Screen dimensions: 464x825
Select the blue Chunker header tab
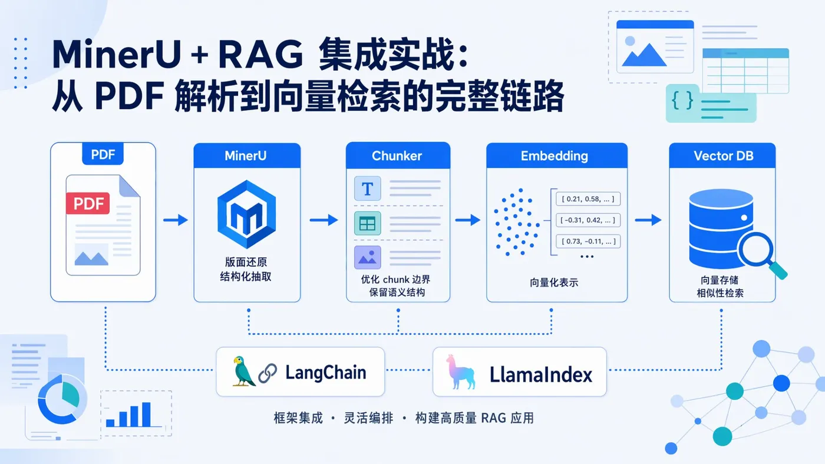397,156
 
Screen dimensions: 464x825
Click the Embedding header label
554,156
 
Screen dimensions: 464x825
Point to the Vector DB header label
723,156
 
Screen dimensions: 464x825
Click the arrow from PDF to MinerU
175,220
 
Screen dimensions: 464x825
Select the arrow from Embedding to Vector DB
648,220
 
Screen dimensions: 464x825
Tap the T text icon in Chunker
368,188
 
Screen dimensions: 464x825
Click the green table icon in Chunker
368,224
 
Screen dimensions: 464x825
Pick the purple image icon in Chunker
368,257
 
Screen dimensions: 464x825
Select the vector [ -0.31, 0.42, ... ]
589,220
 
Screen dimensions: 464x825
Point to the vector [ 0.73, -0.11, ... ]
589,241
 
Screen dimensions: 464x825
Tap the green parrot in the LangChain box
243,371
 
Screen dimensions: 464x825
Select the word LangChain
325,372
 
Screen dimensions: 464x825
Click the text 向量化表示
554,283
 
